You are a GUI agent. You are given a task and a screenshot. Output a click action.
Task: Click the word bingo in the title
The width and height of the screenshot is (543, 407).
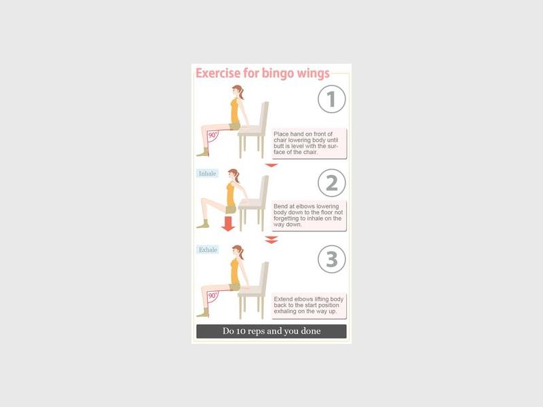pos(273,73)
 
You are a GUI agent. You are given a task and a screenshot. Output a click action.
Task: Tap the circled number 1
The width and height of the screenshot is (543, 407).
pos(331,99)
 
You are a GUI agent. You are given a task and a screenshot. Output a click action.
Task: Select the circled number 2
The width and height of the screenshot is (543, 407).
pos(331,182)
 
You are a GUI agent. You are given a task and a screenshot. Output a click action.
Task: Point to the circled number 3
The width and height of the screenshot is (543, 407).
pos(331,259)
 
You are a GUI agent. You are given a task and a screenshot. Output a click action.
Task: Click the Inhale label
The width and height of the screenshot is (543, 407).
pos(208,174)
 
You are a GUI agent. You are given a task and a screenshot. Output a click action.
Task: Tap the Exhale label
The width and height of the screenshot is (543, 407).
pos(208,250)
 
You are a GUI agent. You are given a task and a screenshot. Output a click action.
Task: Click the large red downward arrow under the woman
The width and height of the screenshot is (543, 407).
pos(228,223)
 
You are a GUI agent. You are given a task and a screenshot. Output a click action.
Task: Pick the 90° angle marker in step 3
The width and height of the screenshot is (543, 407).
pos(213,296)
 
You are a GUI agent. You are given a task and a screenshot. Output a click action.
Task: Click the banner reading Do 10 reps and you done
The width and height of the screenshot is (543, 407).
pos(271,331)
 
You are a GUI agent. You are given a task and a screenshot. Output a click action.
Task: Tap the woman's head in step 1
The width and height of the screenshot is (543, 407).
pos(238,92)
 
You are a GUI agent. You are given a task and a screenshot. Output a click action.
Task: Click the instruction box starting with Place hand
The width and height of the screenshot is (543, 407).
pos(309,143)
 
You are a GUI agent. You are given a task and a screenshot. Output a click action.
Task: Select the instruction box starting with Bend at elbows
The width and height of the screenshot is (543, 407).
pos(309,216)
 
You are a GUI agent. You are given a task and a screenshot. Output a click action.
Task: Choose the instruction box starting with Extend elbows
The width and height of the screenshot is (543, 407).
pos(309,306)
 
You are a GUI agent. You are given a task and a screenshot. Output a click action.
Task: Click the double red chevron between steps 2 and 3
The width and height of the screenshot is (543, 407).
pos(271,239)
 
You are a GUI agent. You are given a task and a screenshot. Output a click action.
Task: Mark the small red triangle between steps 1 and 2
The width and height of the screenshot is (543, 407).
pos(271,166)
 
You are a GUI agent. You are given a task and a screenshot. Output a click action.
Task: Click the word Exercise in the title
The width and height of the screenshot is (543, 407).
pos(218,73)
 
